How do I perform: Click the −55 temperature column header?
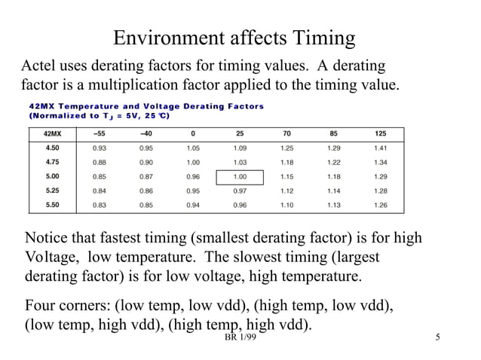coord(99,134)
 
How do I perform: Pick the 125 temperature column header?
coord(380,134)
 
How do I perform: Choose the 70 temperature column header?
coord(286,134)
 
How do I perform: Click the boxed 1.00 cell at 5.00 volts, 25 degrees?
coord(240,177)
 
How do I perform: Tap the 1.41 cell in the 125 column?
coord(380,148)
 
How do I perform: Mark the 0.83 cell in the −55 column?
coord(99,205)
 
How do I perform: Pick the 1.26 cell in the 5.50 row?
coord(380,205)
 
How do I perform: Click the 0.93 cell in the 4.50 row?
coord(99,148)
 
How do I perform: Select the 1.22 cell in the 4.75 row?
coord(333,163)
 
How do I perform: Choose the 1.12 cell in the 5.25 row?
coord(286,191)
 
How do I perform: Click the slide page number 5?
coord(438,345)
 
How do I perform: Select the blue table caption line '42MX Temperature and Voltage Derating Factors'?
coord(146,106)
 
